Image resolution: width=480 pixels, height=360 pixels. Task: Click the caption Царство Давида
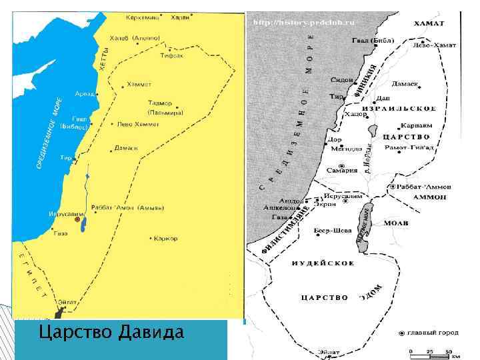pyautogui.click(x=111, y=331)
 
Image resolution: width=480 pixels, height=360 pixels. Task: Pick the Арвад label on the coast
pyautogui.click(x=85, y=94)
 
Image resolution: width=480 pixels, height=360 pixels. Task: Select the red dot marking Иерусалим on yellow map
pyautogui.click(x=77, y=219)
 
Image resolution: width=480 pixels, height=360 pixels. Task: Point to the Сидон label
pyautogui.click(x=341, y=79)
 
